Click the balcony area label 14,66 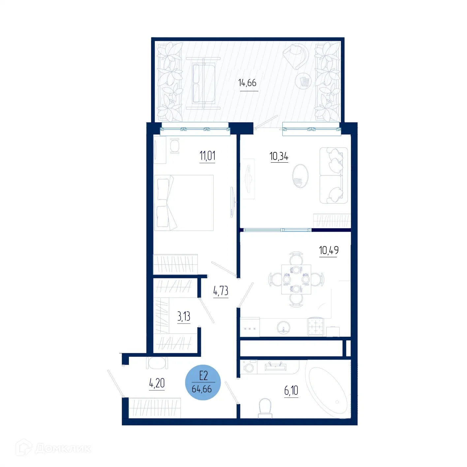[247, 83]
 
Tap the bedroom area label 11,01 [207, 155]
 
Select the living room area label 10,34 [279, 156]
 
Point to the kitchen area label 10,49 [328, 250]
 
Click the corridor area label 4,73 [221, 291]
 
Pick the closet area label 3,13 [184, 317]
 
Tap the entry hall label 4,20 [157, 383]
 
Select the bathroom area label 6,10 [291, 391]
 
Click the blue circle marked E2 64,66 [203, 383]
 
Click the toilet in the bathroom [265, 408]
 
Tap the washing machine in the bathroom [249, 367]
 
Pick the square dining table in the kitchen [296, 279]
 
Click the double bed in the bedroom [184, 203]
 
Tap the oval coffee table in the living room [300, 176]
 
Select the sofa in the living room [333, 175]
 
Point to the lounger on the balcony [203, 83]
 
